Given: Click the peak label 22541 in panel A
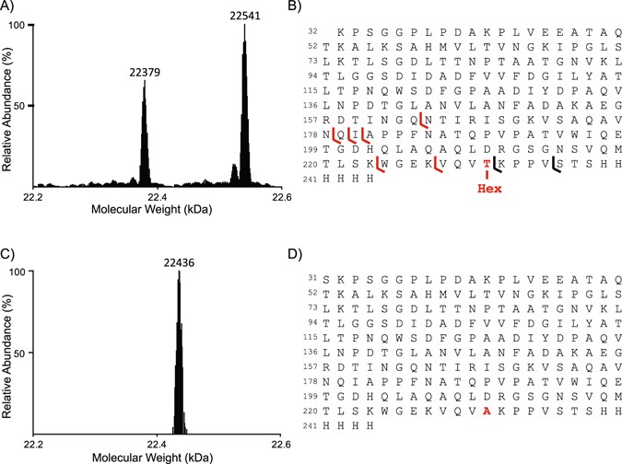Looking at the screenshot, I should click(x=244, y=16).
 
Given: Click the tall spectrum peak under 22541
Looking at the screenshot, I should click(x=244, y=110).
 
